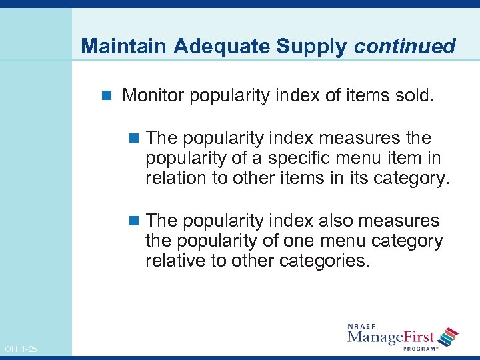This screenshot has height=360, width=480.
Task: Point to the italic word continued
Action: (405, 47)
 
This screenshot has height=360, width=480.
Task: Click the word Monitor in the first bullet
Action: (153, 96)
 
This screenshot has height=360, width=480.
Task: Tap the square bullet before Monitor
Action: (111, 97)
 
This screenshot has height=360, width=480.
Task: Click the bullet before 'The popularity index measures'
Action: (134, 139)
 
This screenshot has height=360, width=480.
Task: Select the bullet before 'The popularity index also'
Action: (134, 221)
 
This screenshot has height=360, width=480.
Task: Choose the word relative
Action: (175, 261)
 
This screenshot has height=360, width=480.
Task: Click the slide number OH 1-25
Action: (21, 349)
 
